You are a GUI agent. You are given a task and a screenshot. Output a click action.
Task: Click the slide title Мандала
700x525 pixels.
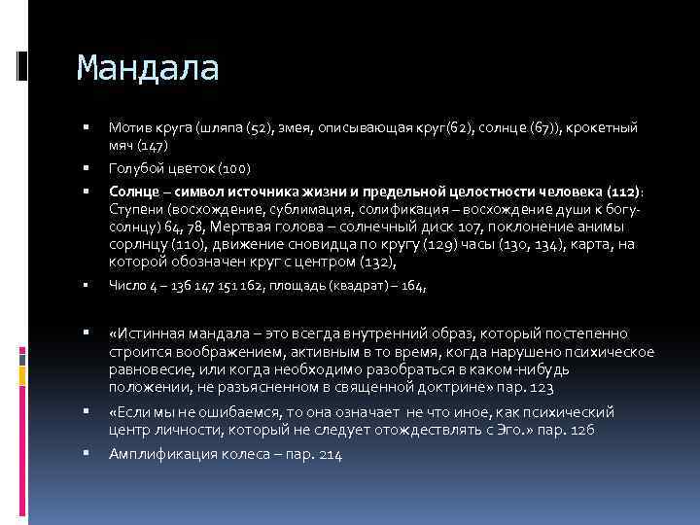[x=148, y=69]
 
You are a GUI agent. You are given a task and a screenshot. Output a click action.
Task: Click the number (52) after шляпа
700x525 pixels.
[x=259, y=128]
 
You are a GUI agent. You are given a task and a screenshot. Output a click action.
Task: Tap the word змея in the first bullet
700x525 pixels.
[x=298, y=128]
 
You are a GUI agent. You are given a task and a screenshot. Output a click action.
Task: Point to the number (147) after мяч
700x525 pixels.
[x=152, y=145]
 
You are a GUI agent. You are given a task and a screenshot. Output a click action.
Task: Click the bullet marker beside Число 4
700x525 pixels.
[x=87, y=286]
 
